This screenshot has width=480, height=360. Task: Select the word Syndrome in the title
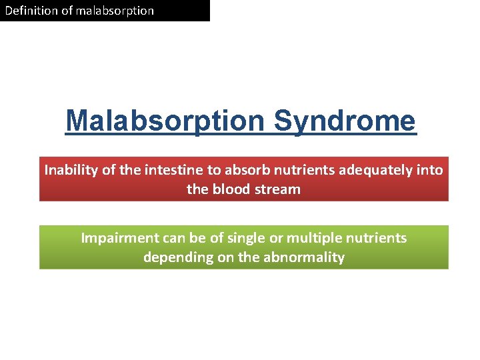pyautogui.click(x=345, y=121)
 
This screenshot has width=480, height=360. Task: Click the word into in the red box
pyautogui.click(x=430, y=170)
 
